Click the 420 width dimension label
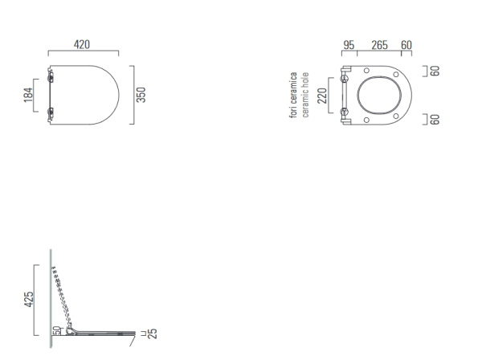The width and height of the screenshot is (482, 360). point(82,44)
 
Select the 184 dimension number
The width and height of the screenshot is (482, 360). point(28,95)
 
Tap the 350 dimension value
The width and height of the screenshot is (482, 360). point(141,95)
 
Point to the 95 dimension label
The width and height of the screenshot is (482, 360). point(349,45)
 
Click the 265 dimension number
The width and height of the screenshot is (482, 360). point(379,45)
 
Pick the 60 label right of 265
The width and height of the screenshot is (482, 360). point(406,45)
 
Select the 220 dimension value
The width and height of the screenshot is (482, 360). point(322,96)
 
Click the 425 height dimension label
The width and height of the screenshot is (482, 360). point(29,299)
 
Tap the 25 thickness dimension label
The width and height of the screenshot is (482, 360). point(152,333)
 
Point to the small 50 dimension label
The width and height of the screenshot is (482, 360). point(56,330)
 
